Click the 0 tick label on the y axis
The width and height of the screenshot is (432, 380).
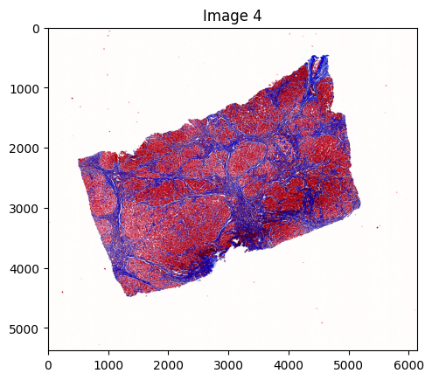37,29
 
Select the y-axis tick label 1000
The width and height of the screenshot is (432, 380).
26,88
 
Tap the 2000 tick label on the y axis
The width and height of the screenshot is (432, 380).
26,149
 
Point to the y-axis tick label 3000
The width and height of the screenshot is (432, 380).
26,208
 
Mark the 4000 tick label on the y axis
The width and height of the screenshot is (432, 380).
26,268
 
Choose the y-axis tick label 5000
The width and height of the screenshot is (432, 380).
26,328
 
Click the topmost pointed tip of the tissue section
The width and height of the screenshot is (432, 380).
324,56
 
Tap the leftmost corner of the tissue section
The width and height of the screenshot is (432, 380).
79,160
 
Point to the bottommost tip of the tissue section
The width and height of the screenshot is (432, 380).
129,296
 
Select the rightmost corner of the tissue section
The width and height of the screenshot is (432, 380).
360,204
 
